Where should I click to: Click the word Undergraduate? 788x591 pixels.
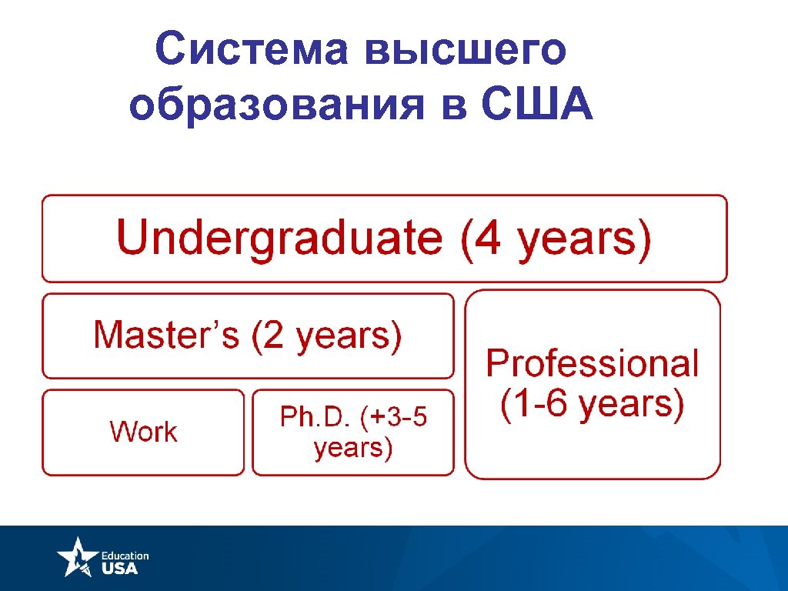pos(279,238)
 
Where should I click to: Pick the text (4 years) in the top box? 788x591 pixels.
pos(556,238)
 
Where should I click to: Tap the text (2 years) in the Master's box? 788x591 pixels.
pos(326,336)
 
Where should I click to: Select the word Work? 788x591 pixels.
pos(143,432)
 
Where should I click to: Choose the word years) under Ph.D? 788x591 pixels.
pos(353,448)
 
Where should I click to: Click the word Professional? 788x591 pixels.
pos(592,363)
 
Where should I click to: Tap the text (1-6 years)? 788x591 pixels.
pos(592,404)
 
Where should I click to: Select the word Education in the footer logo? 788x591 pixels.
pos(125,555)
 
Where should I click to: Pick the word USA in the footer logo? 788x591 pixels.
pos(120,568)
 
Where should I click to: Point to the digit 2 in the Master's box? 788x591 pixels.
pos(274,336)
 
